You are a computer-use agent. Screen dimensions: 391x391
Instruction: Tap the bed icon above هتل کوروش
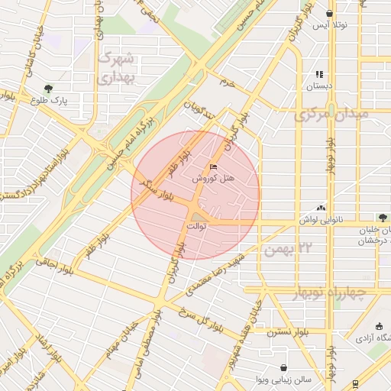click(213, 166)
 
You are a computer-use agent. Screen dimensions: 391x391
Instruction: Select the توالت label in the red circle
click(195, 228)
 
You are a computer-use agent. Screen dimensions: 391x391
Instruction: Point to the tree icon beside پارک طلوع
click(49, 89)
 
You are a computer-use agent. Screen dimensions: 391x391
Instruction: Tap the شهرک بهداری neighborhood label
click(116, 67)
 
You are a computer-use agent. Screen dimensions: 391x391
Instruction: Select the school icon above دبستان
click(319, 75)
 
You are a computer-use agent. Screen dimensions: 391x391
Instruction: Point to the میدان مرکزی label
click(330, 115)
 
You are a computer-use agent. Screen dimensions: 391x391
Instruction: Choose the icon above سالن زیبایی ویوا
click(283, 367)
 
